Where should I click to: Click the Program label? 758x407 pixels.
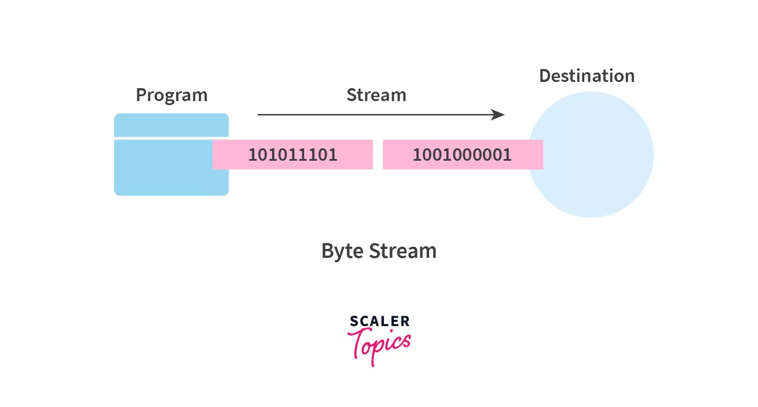[x=172, y=95]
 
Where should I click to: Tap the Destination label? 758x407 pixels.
[x=586, y=76]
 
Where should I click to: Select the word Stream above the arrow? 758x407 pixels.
[x=376, y=95]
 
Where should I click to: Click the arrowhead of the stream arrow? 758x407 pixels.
[x=499, y=115]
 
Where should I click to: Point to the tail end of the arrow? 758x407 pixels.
[x=260, y=115]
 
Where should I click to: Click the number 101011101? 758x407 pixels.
[x=292, y=155]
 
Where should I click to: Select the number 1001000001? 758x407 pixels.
[x=462, y=155]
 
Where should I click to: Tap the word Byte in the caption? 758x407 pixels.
[x=342, y=252]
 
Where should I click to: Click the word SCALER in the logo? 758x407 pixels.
[x=379, y=321]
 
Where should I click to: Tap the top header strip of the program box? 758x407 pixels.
[x=171, y=125]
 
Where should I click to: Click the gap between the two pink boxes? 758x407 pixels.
[x=378, y=155]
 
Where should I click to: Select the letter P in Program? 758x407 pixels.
[x=141, y=95]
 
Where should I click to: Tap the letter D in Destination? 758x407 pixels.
[x=545, y=76]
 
